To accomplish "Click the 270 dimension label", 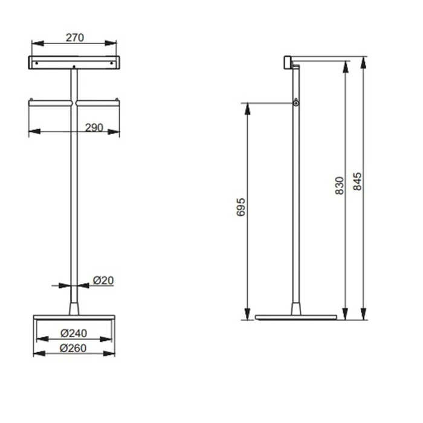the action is click(x=75, y=37).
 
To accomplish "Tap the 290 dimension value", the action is click(x=94, y=128).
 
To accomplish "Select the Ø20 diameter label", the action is click(x=103, y=280).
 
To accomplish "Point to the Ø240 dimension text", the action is click(x=74, y=333).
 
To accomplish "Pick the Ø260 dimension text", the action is click(x=73, y=348).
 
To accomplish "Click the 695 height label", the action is click(x=241, y=207).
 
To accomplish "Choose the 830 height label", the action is click(x=340, y=186).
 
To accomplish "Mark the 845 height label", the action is click(x=358, y=181).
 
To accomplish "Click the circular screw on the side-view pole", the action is click(x=296, y=103).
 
